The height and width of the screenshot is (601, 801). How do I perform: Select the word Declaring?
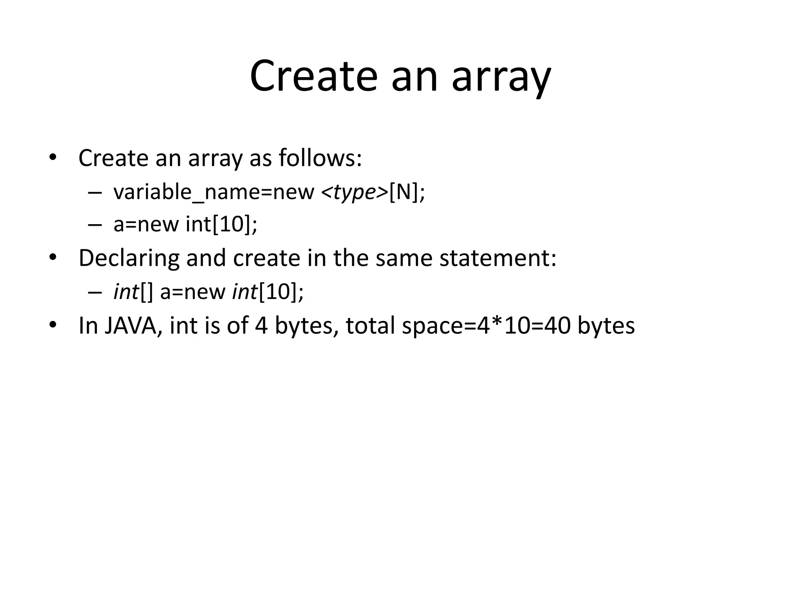(x=129, y=258)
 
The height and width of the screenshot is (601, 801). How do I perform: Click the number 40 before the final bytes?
(x=557, y=326)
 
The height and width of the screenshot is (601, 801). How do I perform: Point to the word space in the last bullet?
(x=432, y=326)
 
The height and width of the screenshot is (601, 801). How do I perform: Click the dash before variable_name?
(x=95, y=193)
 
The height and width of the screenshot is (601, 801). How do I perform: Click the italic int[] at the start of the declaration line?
(x=133, y=292)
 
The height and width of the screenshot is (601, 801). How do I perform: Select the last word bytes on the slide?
(x=606, y=326)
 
